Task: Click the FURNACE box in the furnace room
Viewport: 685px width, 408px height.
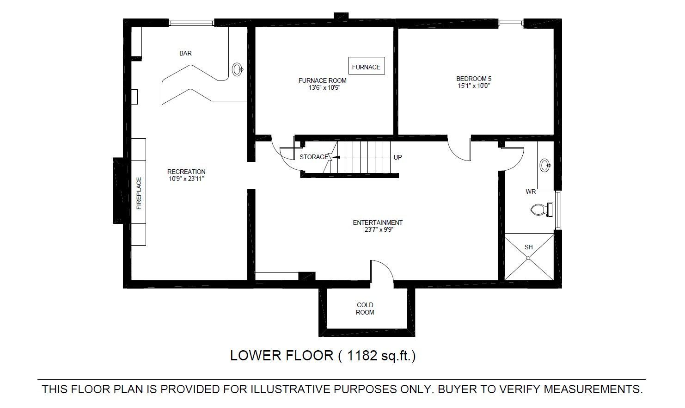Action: click(x=367, y=66)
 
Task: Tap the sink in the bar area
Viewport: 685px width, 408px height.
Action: click(x=237, y=69)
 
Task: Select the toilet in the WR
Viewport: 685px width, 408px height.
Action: click(x=542, y=210)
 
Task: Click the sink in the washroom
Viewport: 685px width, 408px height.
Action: click(x=545, y=165)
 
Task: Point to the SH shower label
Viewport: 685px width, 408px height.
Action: click(x=528, y=247)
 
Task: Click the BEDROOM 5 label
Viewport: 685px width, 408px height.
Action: click(x=474, y=79)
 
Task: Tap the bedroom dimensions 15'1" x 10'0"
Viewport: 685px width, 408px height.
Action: click(x=474, y=86)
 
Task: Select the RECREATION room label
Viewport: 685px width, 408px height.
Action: click(x=186, y=172)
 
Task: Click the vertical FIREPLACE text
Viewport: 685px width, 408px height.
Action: click(x=139, y=193)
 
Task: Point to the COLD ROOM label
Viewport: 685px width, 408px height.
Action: click(x=365, y=309)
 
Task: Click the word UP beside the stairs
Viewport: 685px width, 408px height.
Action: click(x=398, y=157)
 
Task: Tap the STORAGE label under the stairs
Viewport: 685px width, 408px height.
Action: click(x=314, y=157)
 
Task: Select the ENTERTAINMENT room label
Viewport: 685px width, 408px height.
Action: click(x=378, y=223)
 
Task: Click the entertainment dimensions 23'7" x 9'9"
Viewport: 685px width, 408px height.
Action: click(x=379, y=229)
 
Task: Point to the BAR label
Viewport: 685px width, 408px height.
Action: click(x=185, y=53)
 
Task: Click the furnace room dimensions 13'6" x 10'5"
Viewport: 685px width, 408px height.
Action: click(x=324, y=88)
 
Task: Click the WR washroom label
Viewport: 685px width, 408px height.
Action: click(x=531, y=192)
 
